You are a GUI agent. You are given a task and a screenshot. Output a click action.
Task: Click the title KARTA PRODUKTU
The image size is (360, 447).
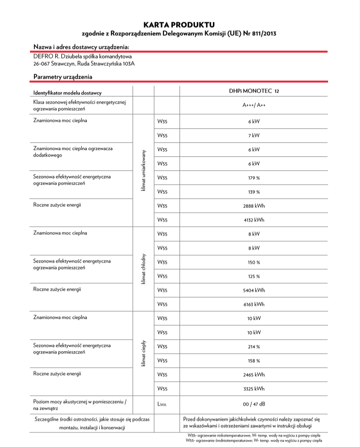179,24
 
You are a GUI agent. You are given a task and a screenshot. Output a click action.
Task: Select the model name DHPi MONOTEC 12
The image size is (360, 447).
254,91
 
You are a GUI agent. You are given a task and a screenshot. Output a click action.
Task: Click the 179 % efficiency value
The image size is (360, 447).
254,178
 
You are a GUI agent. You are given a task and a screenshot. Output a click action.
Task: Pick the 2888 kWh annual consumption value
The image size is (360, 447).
254,206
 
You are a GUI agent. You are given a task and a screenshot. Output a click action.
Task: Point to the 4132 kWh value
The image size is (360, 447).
254,220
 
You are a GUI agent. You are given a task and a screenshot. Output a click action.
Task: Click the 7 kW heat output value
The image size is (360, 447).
254,136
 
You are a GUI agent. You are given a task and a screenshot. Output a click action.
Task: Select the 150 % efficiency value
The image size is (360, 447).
254,262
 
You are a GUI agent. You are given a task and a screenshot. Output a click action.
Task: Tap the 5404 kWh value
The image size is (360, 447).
254,290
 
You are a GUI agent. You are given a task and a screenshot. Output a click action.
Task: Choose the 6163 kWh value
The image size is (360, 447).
254,304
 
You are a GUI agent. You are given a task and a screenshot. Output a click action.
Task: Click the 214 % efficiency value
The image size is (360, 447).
254,347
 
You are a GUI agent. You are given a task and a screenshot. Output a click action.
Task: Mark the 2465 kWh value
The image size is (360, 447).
254,374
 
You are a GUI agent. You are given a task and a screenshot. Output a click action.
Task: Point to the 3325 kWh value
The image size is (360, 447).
254,388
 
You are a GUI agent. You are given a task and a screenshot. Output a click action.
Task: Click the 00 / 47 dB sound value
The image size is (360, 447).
254,403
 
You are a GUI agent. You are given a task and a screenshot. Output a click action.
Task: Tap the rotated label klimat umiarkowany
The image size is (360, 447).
144,170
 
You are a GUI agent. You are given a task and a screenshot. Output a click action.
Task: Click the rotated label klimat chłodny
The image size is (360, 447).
144,269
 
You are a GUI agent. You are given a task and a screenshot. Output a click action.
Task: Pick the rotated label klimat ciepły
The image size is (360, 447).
144,353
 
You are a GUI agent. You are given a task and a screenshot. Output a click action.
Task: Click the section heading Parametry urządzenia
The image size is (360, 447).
63,77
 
